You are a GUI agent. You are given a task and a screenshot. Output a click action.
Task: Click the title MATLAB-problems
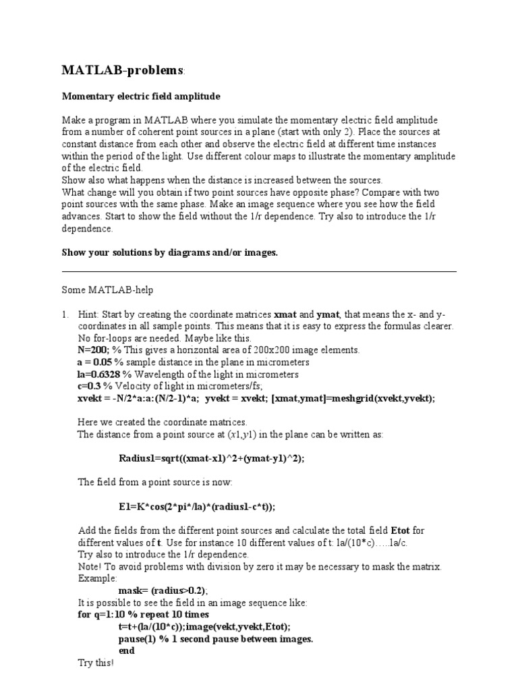(x=122, y=71)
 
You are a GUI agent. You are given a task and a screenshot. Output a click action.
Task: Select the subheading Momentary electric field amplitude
(x=141, y=97)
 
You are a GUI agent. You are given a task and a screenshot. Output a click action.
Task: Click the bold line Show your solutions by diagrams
(x=169, y=252)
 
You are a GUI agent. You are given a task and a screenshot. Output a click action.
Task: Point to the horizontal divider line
(x=259, y=272)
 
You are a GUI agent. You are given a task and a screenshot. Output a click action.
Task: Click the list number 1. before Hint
(x=65, y=314)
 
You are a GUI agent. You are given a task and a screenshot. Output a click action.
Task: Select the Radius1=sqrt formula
(x=211, y=458)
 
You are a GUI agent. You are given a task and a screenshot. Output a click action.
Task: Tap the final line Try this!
(x=96, y=663)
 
